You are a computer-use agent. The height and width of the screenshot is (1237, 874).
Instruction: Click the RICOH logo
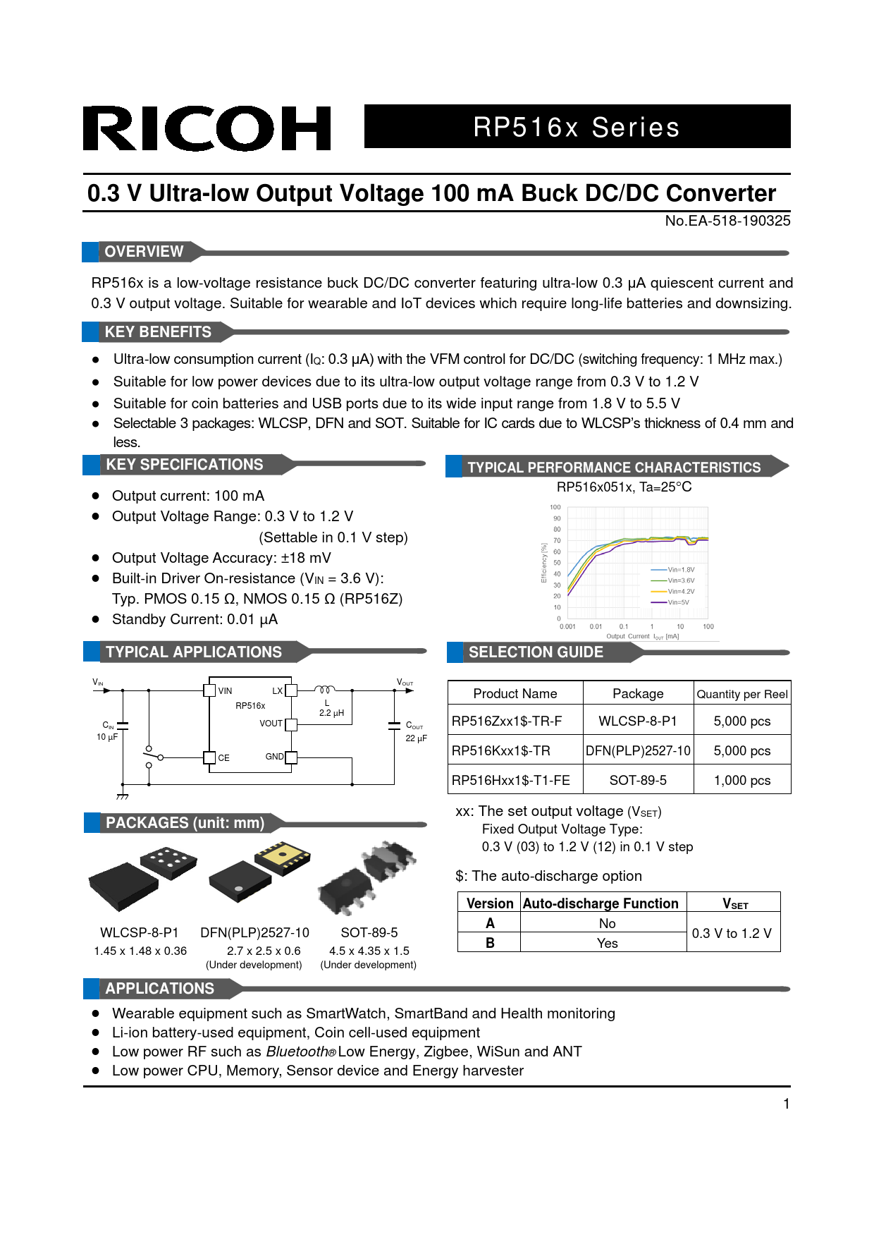(x=207, y=128)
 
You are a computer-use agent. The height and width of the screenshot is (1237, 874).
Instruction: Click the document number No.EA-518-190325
(x=727, y=221)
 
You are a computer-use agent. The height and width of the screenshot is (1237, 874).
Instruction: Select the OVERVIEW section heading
(x=144, y=252)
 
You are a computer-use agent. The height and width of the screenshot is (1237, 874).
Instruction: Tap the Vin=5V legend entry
(x=678, y=602)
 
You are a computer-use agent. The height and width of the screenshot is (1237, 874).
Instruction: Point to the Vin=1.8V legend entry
(x=680, y=569)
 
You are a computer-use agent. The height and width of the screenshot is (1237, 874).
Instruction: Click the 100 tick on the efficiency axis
(x=555, y=507)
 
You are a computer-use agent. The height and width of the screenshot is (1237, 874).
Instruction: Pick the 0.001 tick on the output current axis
(x=567, y=626)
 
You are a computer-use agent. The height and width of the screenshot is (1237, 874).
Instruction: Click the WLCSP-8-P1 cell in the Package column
(x=638, y=721)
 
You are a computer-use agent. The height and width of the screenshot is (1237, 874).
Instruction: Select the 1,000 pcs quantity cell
(x=741, y=780)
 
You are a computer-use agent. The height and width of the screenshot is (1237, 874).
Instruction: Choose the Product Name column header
(x=515, y=693)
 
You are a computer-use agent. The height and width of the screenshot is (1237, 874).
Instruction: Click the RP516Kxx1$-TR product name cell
(x=501, y=750)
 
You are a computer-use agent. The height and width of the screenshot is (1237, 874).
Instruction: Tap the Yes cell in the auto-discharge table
(x=607, y=943)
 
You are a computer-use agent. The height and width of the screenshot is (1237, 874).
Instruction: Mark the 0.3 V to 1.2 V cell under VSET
(x=732, y=933)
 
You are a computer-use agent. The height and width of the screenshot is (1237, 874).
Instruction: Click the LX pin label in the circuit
(x=277, y=691)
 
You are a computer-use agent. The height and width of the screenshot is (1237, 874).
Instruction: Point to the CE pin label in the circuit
(x=223, y=758)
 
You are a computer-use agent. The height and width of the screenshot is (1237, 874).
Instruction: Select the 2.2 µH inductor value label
(x=331, y=713)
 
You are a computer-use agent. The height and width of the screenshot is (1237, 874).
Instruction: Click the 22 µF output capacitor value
(x=416, y=738)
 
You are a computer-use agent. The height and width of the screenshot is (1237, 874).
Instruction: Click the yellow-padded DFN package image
(x=283, y=858)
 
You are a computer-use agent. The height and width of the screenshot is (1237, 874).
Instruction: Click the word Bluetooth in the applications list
(x=297, y=1052)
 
